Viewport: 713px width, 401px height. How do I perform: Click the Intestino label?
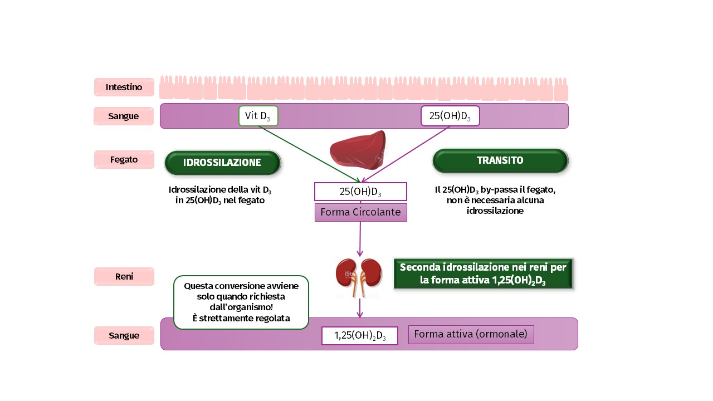pyautogui.click(x=124, y=87)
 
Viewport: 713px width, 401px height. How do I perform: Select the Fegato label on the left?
pyautogui.click(x=124, y=159)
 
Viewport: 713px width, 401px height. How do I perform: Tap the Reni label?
pyautogui.click(x=124, y=276)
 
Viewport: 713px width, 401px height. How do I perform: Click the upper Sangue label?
pyautogui.click(x=124, y=116)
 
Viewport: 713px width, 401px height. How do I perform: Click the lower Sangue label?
pyautogui.click(x=124, y=335)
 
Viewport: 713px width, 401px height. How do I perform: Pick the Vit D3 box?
pyautogui.click(x=258, y=116)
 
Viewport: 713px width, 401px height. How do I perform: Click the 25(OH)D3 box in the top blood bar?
pyautogui.click(x=450, y=116)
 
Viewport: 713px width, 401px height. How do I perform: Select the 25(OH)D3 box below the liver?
pyautogui.click(x=360, y=192)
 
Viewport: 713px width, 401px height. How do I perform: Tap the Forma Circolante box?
pyautogui.click(x=360, y=212)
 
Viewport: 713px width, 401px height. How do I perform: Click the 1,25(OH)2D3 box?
pyautogui.click(x=360, y=336)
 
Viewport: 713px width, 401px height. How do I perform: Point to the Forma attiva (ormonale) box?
pyautogui.click(x=471, y=334)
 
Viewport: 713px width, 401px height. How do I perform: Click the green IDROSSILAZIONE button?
pyautogui.click(x=222, y=163)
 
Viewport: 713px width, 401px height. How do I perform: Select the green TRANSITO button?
pyautogui.click(x=500, y=160)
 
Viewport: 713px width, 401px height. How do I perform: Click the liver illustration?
pyautogui.click(x=358, y=150)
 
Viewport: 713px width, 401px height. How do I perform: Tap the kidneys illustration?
pyautogui.click(x=359, y=276)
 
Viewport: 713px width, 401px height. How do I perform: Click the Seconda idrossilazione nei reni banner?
pyautogui.click(x=482, y=273)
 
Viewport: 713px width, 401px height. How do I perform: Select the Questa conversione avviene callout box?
pyautogui.click(x=241, y=302)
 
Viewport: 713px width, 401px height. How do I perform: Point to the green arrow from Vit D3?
pyautogui.click(x=309, y=154)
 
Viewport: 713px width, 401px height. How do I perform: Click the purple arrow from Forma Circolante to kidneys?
pyautogui.click(x=360, y=238)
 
